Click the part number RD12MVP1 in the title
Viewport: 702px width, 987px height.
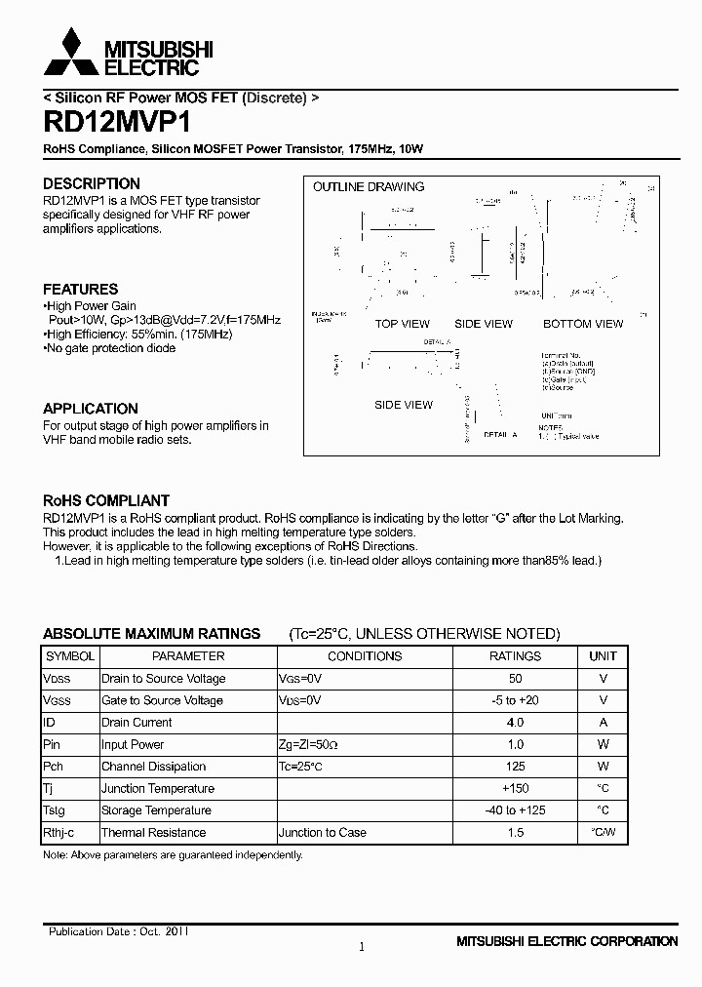point(117,123)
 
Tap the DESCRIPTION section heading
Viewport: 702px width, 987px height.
point(92,183)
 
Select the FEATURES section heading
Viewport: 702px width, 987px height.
point(81,289)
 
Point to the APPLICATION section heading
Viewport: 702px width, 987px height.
point(91,409)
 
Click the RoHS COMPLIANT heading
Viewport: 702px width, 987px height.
point(106,500)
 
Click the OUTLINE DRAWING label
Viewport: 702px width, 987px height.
point(369,186)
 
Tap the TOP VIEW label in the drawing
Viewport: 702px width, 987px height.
point(402,324)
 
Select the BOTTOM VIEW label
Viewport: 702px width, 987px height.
point(582,324)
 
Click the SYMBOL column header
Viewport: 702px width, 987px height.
point(70,656)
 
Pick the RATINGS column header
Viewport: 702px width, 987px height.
point(515,656)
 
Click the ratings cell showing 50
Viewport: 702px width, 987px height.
point(515,679)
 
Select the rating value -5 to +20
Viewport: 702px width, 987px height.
point(515,700)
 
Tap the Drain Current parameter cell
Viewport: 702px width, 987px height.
point(136,723)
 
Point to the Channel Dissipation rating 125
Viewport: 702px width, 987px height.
point(515,767)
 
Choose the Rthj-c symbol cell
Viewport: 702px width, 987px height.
point(58,833)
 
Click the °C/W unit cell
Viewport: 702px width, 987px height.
point(603,833)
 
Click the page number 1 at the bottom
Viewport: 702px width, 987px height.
point(362,946)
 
